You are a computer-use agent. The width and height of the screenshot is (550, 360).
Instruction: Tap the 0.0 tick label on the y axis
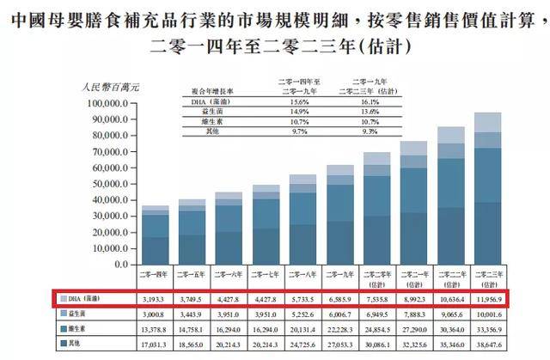[121, 264]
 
